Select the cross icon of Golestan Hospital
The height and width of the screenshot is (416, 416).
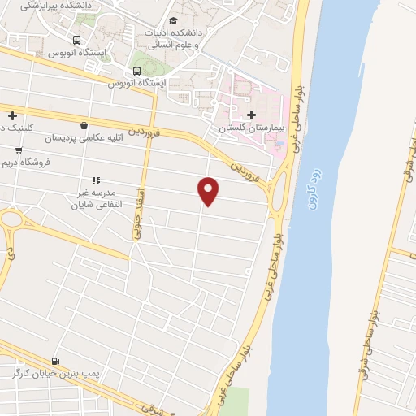click(x=251, y=115)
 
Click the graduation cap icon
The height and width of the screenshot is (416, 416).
click(x=172, y=21)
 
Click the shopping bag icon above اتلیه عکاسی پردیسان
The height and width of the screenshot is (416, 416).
click(x=84, y=125)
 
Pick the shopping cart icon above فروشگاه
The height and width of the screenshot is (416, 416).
click(x=19, y=150)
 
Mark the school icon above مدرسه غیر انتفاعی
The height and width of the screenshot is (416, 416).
click(x=95, y=180)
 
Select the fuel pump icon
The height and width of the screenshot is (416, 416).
click(x=54, y=361)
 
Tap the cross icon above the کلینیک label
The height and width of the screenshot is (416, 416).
click(x=12, y=115)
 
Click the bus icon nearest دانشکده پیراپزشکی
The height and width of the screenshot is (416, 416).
click(x=76, y=40)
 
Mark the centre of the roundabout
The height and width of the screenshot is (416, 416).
click(x=8, y=219)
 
